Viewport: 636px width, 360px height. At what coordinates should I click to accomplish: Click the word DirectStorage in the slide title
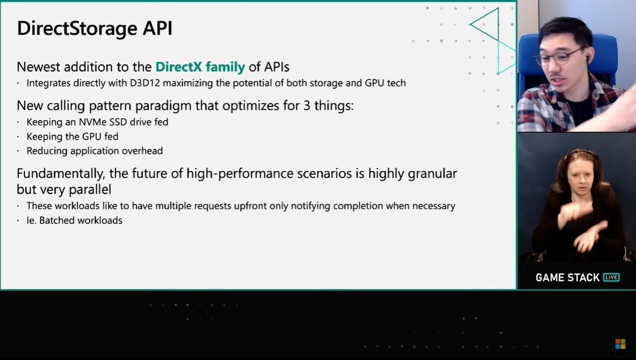[77, 29]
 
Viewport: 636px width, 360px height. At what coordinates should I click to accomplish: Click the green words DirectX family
[200, 67]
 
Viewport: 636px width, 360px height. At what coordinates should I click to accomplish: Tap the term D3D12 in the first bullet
[145, 83]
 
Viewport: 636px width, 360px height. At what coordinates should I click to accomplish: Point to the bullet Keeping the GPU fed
[72, 137]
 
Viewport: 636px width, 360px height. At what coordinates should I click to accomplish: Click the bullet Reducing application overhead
[94, 151]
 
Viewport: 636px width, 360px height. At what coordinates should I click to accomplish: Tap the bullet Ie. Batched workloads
[74, 220]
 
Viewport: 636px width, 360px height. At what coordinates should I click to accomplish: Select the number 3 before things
[306, 106]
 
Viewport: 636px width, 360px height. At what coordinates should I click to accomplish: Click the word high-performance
[240, 174]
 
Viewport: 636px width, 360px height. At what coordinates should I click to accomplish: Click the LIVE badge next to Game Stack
[611, 277]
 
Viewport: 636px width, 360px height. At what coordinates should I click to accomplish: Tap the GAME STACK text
[568, 278]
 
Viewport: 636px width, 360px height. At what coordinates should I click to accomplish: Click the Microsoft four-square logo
[620, 344]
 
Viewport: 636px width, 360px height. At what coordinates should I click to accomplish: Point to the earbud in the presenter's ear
[587, 59]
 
